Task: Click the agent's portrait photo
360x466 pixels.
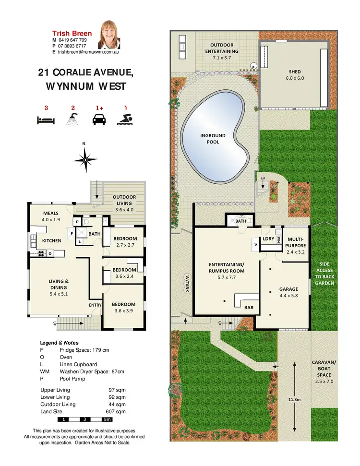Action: click(x=110, y=35)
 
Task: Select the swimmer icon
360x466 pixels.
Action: click(x=125, y=119)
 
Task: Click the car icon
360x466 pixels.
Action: click(x=99, y=119)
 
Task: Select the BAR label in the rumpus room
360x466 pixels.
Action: click(x=249, y=307)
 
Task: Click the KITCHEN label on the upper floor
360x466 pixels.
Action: click(x=51, y=240)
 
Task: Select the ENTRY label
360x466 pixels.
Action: click(x=95, y=305)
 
